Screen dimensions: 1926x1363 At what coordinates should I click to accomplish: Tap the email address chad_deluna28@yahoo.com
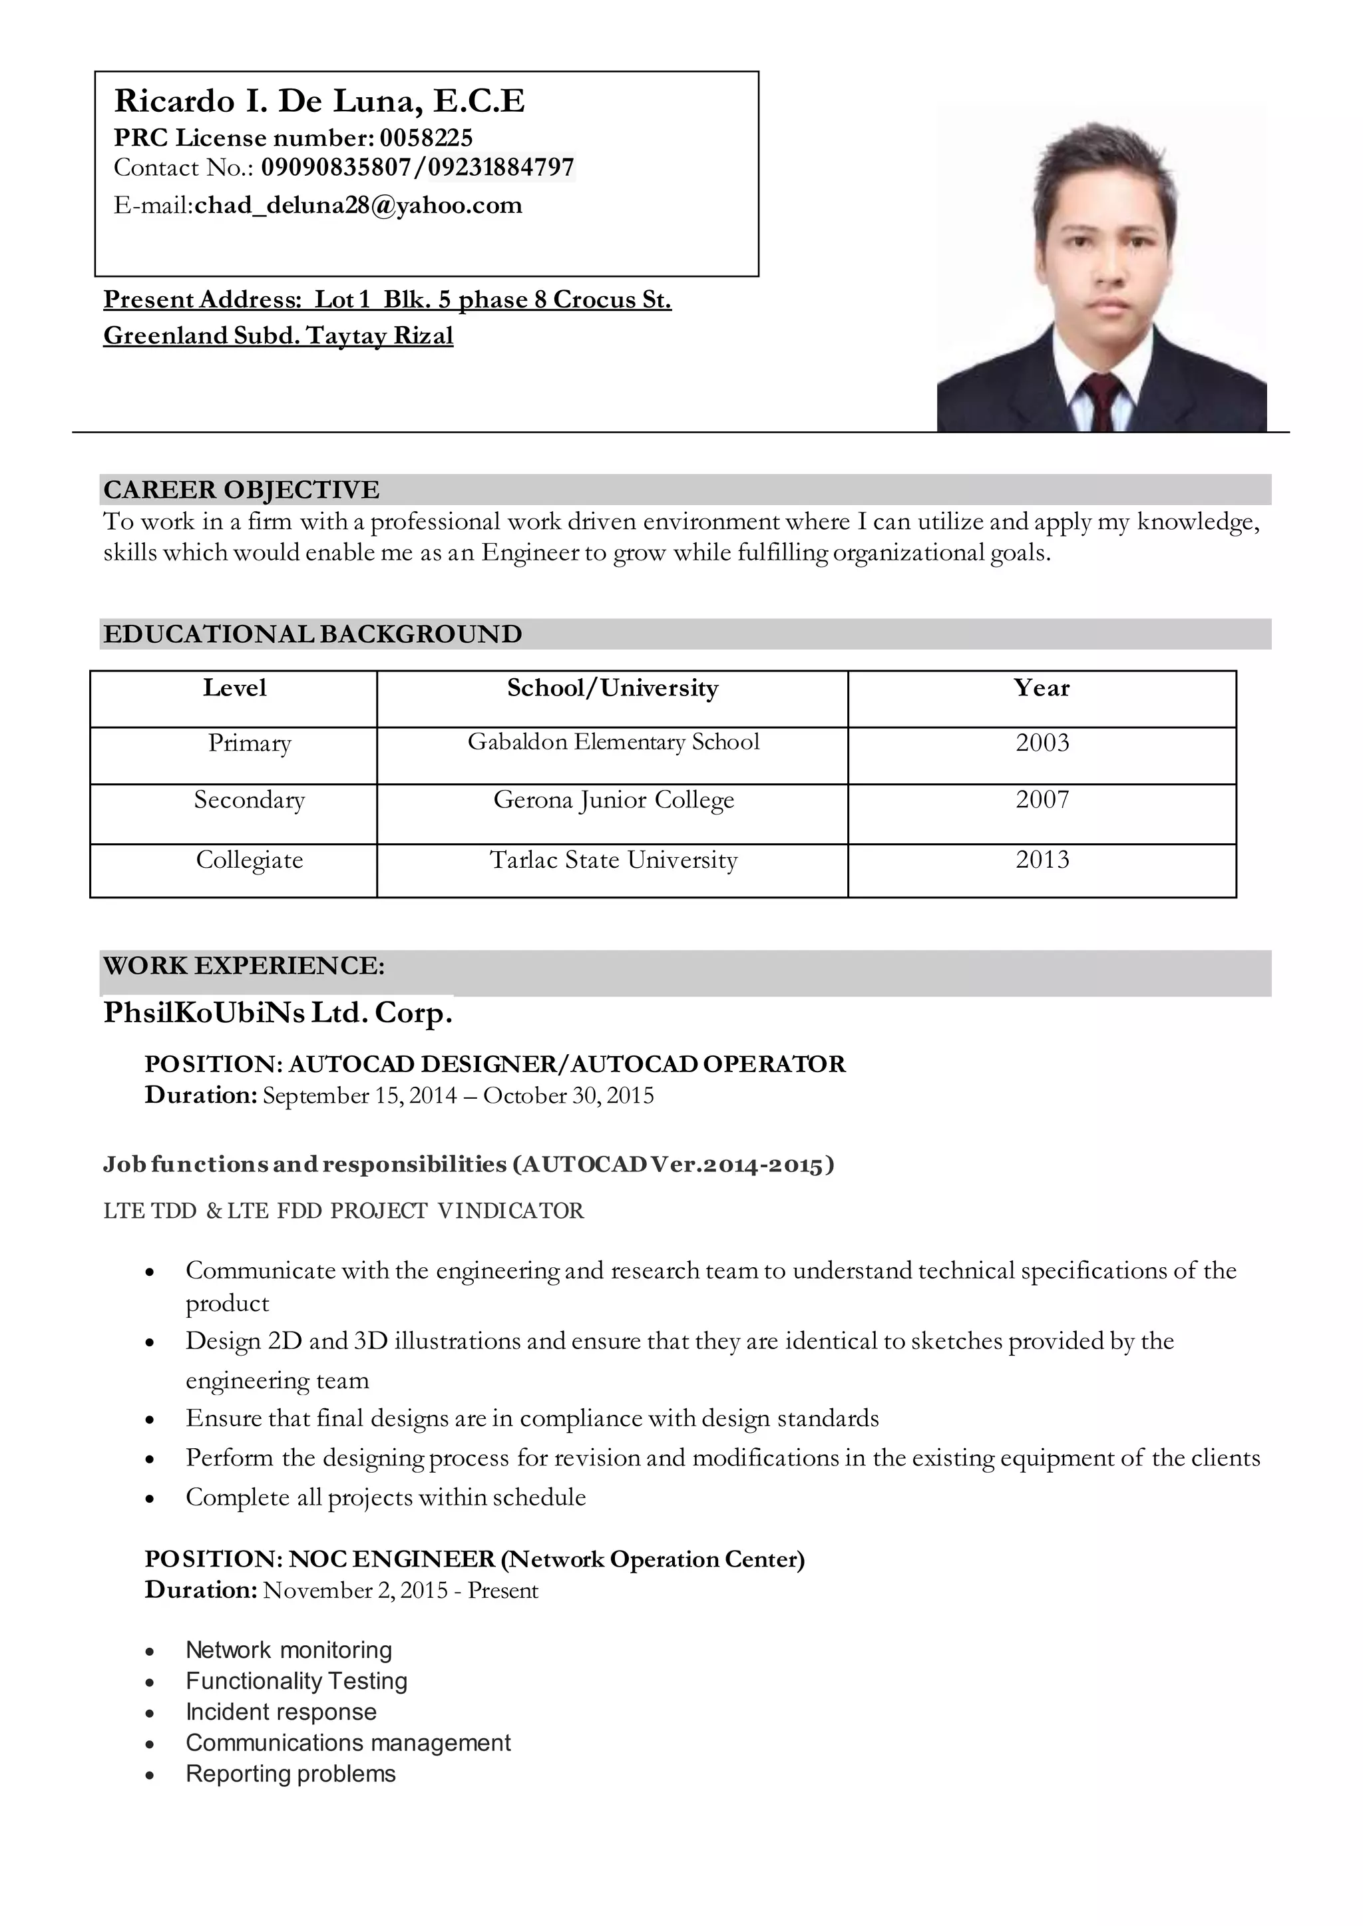coord(358,206)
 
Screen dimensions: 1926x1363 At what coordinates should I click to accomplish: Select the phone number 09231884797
coord(501,168)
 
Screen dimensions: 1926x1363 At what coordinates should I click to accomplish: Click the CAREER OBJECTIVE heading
coord(241,489)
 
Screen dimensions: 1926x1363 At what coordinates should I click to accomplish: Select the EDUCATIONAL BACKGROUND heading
coord(312,634)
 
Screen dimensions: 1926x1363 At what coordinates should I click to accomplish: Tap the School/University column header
coord(613,688)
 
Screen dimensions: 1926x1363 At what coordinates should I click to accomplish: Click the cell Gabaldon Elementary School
coord(614,742)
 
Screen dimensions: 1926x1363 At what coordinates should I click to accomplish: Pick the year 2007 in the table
coord(1042,799)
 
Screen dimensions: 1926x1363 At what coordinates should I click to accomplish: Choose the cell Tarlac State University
coord(614,861)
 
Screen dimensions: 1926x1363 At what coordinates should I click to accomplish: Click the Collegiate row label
coord(250,861)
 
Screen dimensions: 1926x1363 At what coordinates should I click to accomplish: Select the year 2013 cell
coord(1042,859)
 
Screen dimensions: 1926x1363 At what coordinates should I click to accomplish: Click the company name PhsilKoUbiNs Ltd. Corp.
coord(278,1013)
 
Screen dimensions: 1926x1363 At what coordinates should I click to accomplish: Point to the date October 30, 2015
coord(568,1096)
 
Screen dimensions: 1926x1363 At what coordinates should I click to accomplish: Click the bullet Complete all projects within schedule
coord(385,1497)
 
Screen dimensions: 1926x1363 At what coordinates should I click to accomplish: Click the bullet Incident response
coord(281,1712)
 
